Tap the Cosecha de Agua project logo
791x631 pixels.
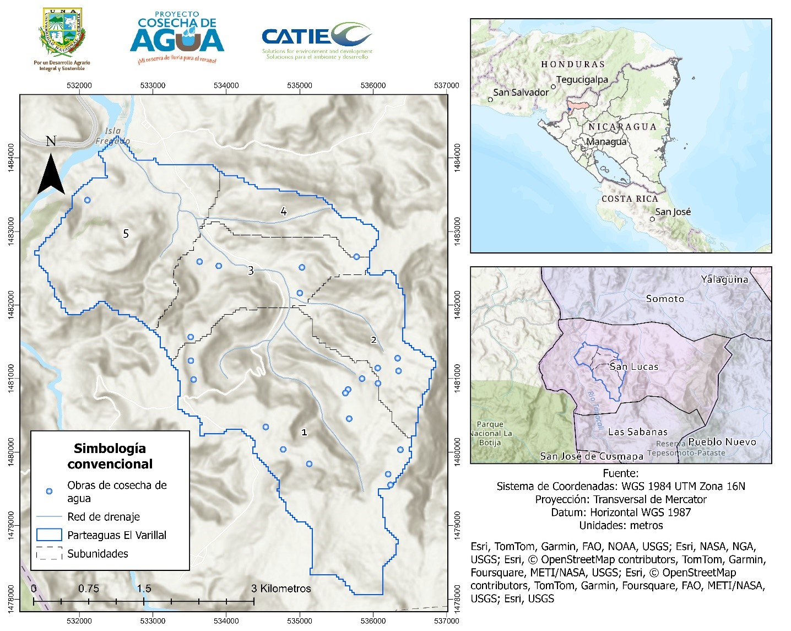[177, 37]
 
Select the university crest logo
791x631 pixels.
[62, 34]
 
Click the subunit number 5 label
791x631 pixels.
[126, 234]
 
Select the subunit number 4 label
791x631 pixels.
[284, 212]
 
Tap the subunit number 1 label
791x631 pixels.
[304, 433]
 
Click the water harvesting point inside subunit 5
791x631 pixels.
[87, 200]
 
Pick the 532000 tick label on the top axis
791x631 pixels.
[79, 85]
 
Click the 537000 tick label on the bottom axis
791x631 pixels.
[446, 621]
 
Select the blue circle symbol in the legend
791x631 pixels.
[49, 491]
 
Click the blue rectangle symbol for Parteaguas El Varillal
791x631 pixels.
[49, 535]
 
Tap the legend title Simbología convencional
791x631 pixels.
[110, 456]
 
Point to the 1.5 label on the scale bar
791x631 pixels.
[144, 589]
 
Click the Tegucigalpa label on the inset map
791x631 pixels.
[582, 80]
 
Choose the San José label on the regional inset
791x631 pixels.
[673, 212]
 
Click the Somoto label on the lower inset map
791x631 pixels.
[665, 299]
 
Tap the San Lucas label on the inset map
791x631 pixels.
[634, 366]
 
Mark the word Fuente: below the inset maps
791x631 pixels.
[621, 473]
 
